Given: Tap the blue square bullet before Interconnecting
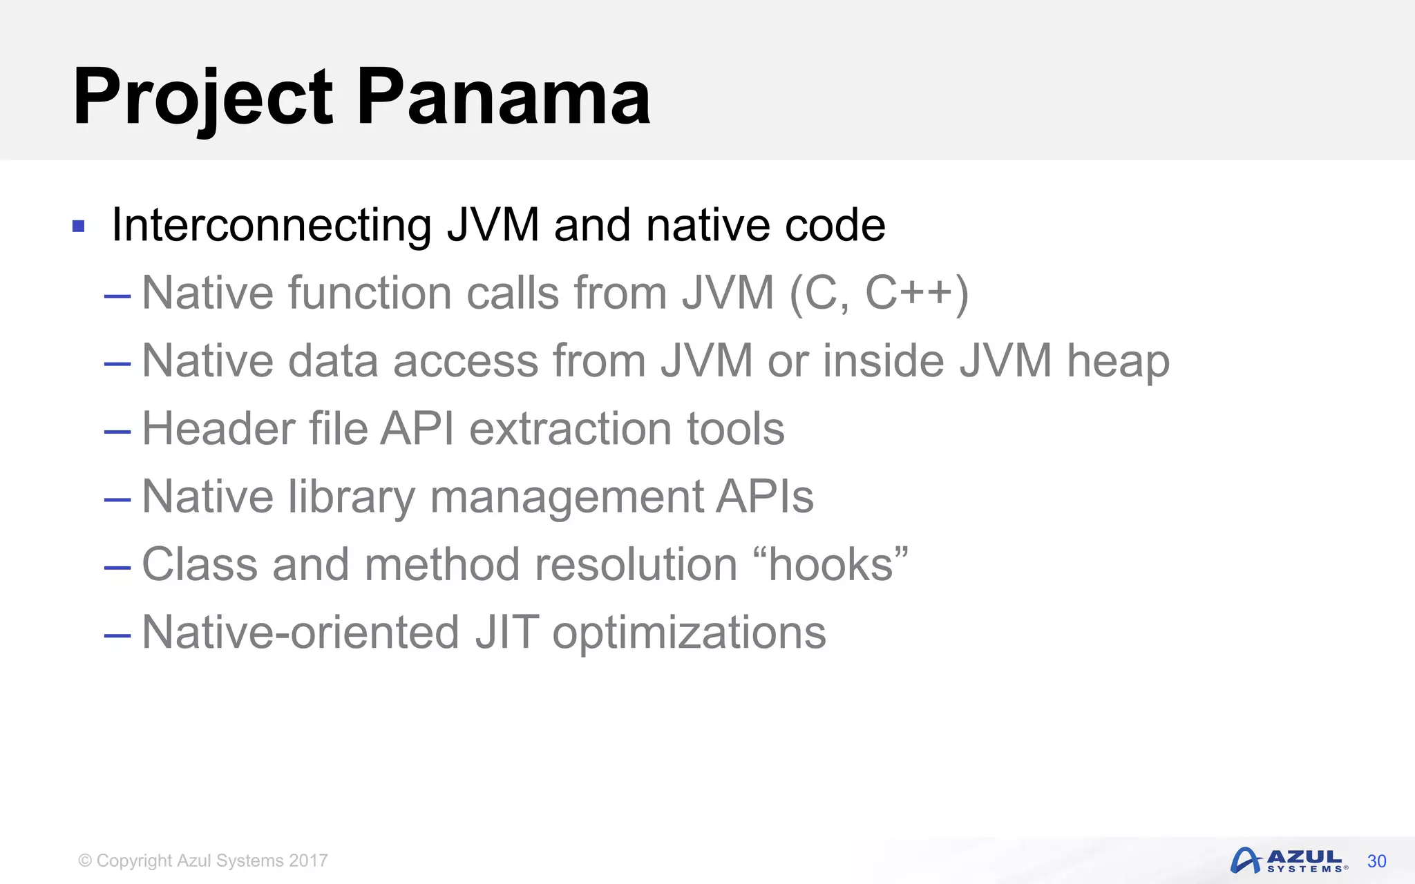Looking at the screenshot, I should coord(78,226).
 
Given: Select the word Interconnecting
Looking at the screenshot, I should coord(272,225).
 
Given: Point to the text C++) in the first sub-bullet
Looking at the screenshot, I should coord(917,293).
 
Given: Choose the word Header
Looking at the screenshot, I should coord(218,428).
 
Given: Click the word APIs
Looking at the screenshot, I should coord(765,496).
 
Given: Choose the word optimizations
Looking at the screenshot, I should coord(689,633).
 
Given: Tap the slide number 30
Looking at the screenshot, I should coord(1376,861).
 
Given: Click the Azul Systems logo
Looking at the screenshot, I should coord(1288,861).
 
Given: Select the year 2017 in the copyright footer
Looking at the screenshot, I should coord(308,861).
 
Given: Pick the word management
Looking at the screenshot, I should coord(567,497).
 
